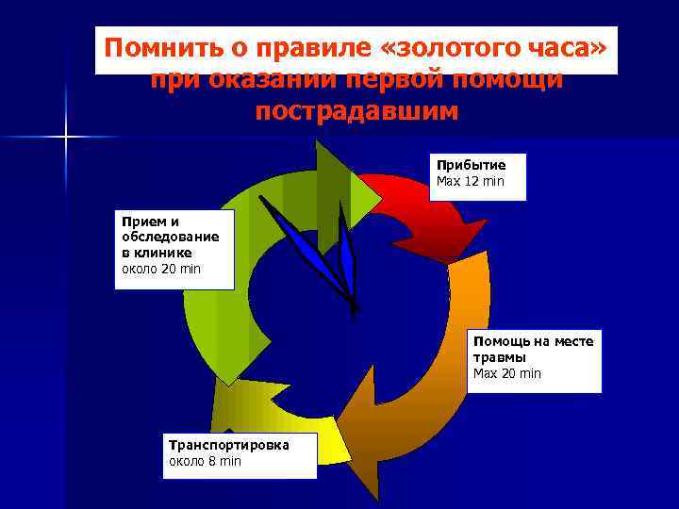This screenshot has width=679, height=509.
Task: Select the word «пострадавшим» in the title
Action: (x=356, y=111)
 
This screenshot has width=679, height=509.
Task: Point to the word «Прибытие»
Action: (x=471, y=165)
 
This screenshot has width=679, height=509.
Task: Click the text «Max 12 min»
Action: (x=470, y=180)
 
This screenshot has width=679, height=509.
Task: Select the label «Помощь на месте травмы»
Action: (x=533, y=349)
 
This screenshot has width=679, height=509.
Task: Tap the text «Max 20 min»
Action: (x=507, y=373)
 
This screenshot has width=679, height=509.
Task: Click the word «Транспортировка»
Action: (x=228, y=445)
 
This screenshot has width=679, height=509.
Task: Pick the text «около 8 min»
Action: (x=205, y=461)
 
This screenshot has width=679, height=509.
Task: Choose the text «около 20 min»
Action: (x=161, y=269)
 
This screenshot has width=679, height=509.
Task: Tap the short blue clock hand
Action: (x=348, y=268)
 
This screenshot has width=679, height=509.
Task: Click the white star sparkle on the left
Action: (x=66, y=138)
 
